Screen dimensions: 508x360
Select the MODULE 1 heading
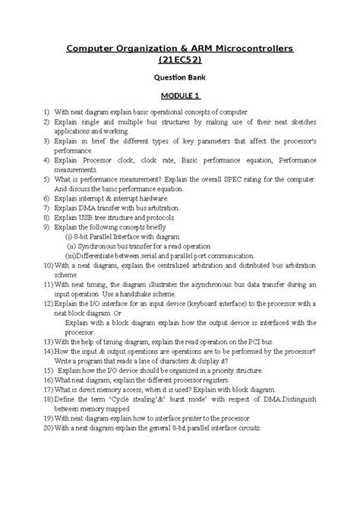coord(179,96)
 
